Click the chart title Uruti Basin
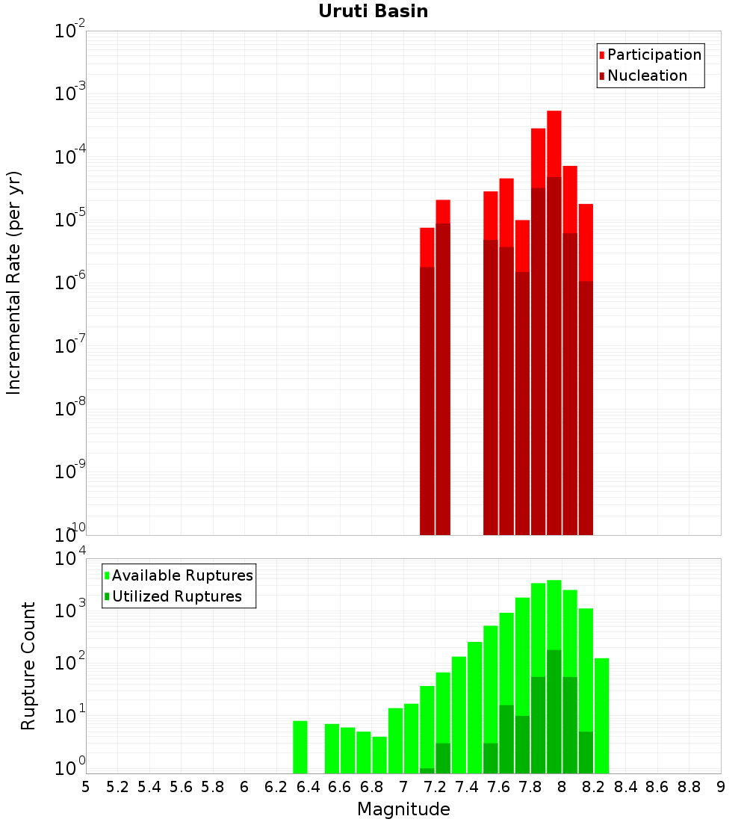click(373, 11)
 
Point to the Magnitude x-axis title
click(403, 809)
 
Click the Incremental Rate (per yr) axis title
click(14, 283)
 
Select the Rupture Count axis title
click(28, 666)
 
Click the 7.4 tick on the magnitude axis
click(467, 787)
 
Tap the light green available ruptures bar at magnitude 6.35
click(300, 747)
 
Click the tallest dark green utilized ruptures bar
click(554, 710)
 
